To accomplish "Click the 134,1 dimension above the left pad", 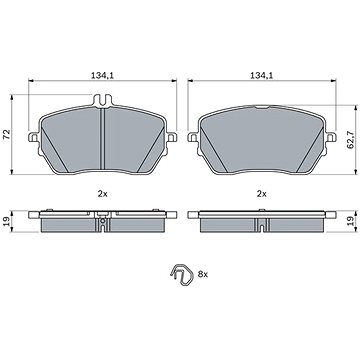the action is tap(102, 76).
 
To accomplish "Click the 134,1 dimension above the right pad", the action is tap(262, 76).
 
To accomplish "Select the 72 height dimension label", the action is tap(6, 134).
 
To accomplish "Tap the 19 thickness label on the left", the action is tap(6, 221).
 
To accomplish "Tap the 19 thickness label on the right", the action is tap(350, 221).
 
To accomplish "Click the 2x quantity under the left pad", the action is tap(102, 194).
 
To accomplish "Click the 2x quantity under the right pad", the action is tap(262, 194).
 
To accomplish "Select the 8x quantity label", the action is tap(203, 274).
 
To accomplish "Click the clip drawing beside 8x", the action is tap(181, 274).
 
